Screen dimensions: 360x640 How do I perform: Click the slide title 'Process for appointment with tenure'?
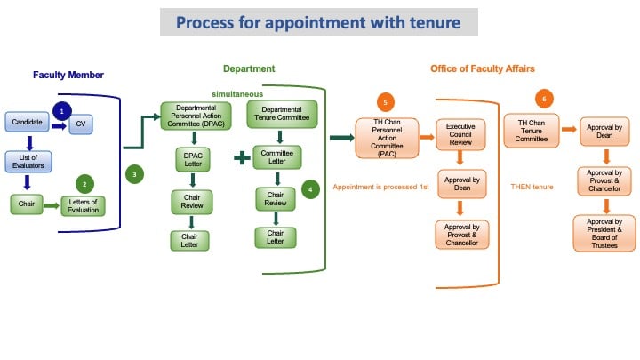point(318,21)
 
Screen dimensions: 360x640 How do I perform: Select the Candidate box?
point(27,122)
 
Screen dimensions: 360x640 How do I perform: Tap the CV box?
point(81,124)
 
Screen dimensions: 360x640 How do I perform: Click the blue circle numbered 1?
point(61,110)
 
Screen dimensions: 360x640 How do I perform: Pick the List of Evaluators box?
point(27,164)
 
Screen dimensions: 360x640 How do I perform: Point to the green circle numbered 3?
point(134,175)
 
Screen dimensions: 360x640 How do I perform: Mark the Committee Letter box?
point(278,156)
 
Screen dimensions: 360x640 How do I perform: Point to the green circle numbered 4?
point(309,188)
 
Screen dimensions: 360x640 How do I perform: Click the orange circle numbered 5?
point(384,100)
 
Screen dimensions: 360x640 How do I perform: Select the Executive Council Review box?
point(460,132)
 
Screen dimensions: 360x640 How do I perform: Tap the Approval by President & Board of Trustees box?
point(604,233)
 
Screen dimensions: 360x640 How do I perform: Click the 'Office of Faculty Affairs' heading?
point(482,68)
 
